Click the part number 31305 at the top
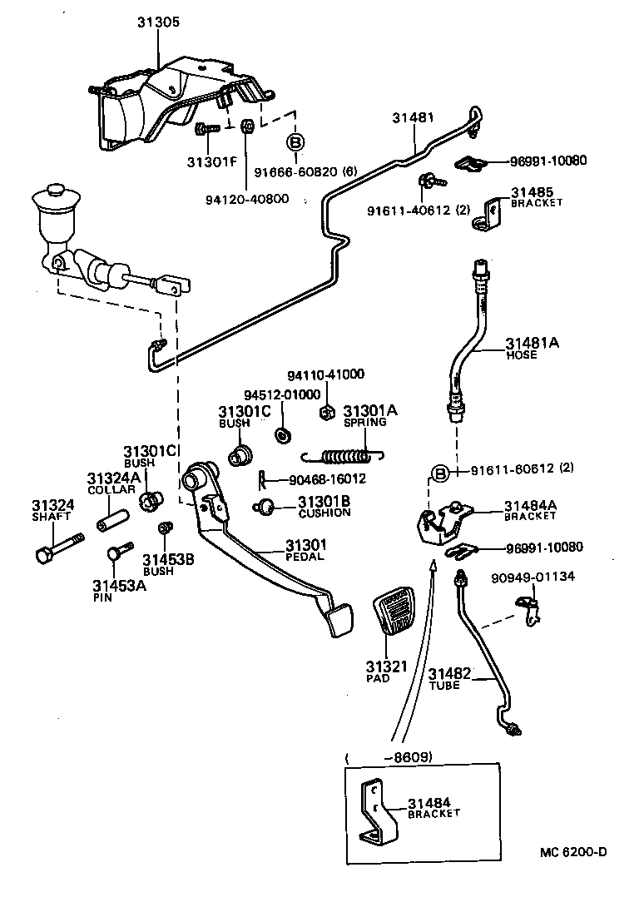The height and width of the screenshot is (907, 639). [157, 23]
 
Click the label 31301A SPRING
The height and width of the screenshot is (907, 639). [370, 415]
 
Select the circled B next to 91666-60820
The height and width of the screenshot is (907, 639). [295, 143]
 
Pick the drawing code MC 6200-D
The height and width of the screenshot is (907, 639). [574, 851]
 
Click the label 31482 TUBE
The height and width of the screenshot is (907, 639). [450, 677]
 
